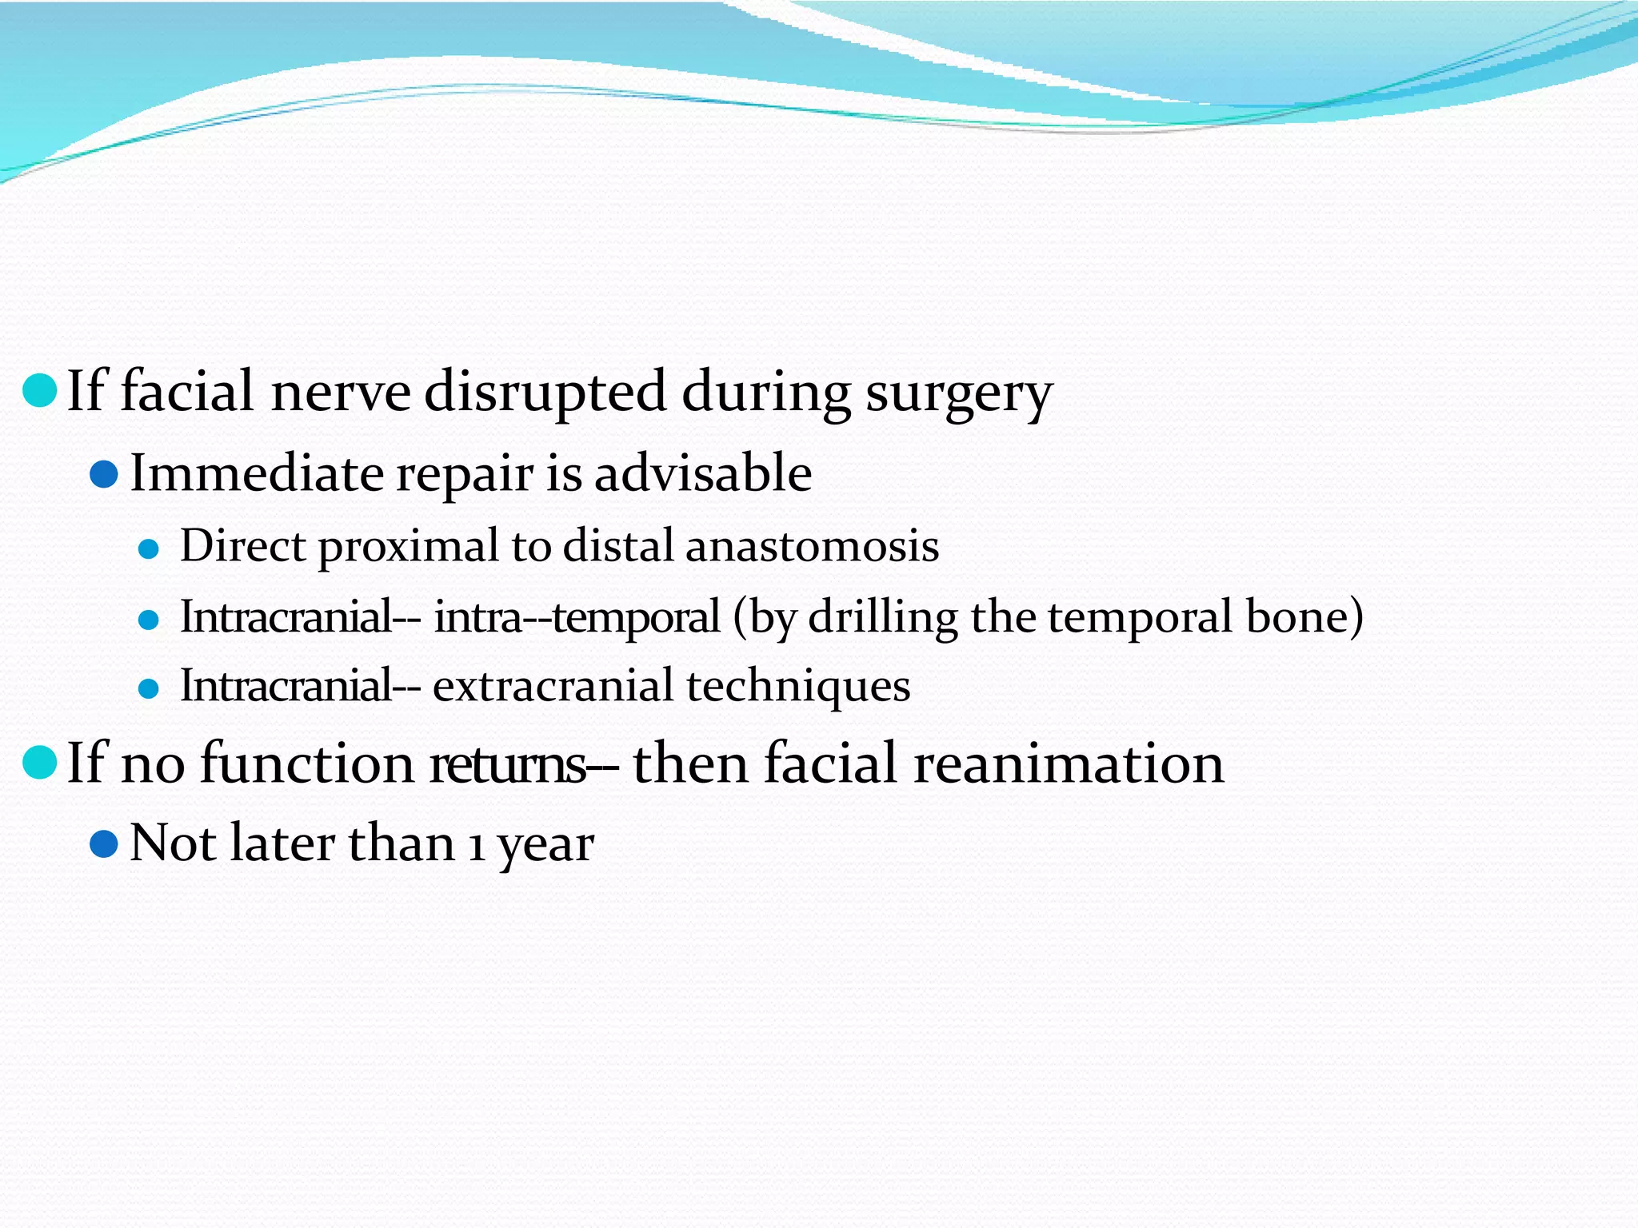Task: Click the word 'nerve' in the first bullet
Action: pyautogui.click(x=341, y=393)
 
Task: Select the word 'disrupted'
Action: pyautogui.click(x=545, y=393)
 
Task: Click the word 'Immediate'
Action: pyautogui.click(x=256, y=473)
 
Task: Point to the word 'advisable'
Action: pyautogui.click(x=703, y=473)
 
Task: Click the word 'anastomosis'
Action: pyautogui.click(x=812, y=547)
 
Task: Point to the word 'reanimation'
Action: pyautogui.click(x=1069, y=764)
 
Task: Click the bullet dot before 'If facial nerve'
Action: pyautogui.click(x=39, y=390)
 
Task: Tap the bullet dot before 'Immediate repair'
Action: pyautogui.click(x=104, y=474)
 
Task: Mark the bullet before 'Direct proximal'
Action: pyautogui.click(x=149, y=549)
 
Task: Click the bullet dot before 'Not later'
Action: pyautogui.click(x=104, y=843)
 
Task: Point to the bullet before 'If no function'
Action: pyautogui.click(x=39, y=762)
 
